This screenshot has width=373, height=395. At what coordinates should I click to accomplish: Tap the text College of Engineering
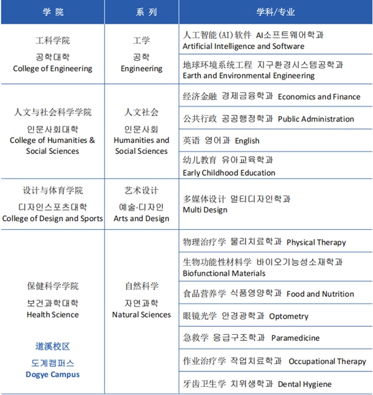52,69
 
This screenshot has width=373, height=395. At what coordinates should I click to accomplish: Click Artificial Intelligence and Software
243,46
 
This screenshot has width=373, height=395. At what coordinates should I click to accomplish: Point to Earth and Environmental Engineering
249,76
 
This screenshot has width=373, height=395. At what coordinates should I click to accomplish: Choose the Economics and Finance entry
319,97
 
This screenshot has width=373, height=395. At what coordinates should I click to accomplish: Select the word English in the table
247,141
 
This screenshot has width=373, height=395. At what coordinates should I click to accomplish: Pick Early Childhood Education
229,173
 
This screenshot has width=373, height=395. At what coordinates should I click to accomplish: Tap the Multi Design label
205,210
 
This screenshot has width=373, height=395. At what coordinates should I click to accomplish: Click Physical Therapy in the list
316,242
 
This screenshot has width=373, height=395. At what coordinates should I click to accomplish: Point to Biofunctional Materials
224,273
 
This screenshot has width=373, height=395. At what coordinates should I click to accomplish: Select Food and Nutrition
320,294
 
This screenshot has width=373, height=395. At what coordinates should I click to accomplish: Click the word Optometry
288,317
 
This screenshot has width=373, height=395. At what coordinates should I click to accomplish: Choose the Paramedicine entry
295,338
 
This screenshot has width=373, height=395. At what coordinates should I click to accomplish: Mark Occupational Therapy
327,361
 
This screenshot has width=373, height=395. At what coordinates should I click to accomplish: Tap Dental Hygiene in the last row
305,384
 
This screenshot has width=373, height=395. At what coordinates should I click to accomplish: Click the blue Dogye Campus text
52,375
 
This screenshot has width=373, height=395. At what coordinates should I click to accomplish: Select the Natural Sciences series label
141,315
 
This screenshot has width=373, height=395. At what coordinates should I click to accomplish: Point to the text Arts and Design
141,219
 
